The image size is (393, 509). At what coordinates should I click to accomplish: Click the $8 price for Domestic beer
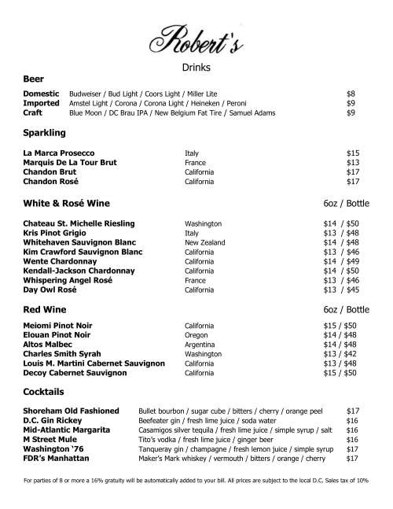tap(351, 93)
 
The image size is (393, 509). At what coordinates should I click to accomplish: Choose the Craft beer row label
tap(32, 112)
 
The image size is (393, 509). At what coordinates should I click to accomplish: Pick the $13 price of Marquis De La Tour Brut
tap(353, 162)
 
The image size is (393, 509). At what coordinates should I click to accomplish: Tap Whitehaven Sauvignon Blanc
tap(79, 242)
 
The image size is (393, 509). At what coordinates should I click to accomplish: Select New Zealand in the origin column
tap(204, 242)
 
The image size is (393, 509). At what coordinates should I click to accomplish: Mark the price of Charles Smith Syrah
tap(340, 354)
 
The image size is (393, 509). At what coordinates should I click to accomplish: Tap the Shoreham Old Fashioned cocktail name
tap(72, 411)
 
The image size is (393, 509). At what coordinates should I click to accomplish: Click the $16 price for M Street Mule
tap(352, 439)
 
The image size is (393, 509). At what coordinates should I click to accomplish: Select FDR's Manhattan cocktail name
tap(57, 458)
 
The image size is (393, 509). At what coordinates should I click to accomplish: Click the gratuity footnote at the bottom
tap(196, 481)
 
